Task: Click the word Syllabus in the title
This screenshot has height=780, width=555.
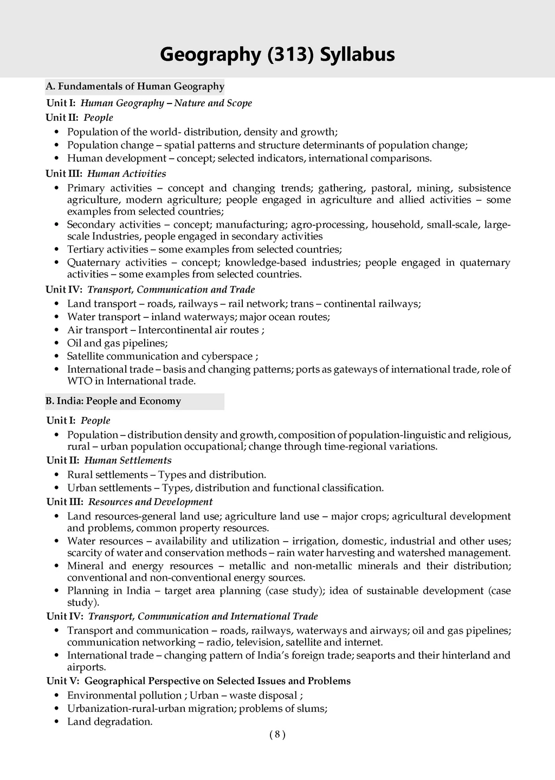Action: pos(357,55)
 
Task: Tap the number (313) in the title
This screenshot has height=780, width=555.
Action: pos(291,55)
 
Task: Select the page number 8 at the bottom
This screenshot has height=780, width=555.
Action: pos(277,734)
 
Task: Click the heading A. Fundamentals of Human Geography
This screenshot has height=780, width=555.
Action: pos(135,86)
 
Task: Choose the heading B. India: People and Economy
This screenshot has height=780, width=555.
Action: pos(113,401)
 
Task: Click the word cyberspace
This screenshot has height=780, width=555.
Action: pos(227,356)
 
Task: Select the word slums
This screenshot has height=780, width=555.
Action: pos(312,708)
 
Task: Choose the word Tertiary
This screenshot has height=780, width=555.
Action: pos(85,249)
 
